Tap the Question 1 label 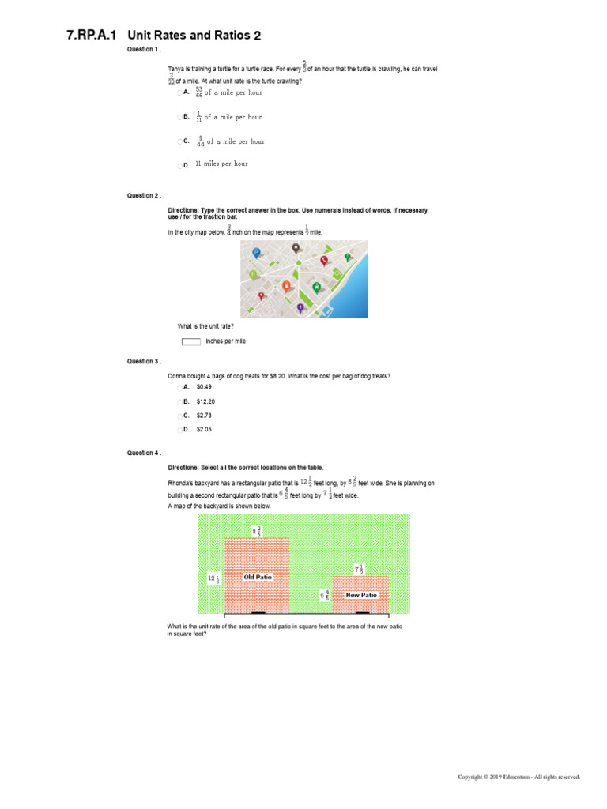point(144,49)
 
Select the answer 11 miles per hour point(221,164)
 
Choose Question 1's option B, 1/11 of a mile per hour point(228,117)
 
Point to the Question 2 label point(144,195)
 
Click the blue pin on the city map point(256,253)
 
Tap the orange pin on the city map point(286,286)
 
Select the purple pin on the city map point(300,307)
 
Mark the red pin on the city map point(323,260)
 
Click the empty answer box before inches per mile point(190,341)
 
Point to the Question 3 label point(144,361)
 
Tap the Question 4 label point(144,453)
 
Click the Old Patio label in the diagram point(258,578)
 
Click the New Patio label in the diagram point(361,595)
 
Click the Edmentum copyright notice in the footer point(519,777)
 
